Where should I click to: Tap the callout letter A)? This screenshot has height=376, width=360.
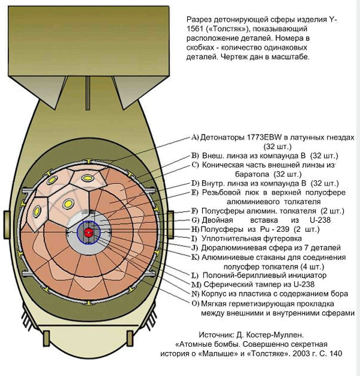pyautogui.click(x=194, y=136)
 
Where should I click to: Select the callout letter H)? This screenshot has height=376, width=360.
pyautogui.click(x=194, y=229)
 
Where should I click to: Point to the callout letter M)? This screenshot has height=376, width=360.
pyautogui.click(x=195, y=284)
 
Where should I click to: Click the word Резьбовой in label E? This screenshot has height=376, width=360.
pyautogui.click(x=221, y=192)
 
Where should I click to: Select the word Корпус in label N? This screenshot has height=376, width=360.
pyautogui.click(x=214, y=294)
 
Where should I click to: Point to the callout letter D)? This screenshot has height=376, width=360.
pyautogui.click(x=194, y=183)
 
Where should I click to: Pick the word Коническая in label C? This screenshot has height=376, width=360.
pyautogui.click(x=223, y=165)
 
